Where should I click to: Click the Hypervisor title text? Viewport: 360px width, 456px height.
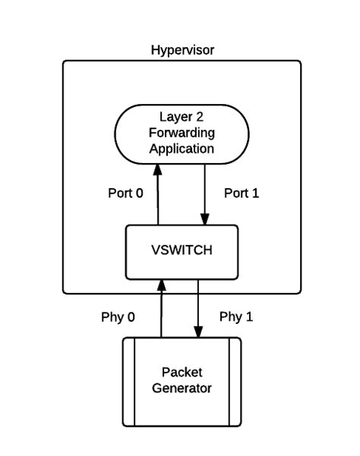(182, 50)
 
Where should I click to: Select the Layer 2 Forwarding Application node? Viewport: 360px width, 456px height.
(182, 133)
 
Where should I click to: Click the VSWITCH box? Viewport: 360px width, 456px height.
(182, 251)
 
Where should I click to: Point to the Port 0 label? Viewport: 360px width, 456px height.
(125, 193)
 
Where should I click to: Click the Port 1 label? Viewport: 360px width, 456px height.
(242, 193)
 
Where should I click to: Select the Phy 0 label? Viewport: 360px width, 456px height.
(118, 316)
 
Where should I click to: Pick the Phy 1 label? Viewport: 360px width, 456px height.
(236, 316)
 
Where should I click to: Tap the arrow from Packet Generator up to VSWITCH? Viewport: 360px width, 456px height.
(160, 311)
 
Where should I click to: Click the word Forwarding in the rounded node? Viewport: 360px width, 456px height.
(182, 133)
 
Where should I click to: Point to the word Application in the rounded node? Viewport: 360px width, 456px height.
(182, 149)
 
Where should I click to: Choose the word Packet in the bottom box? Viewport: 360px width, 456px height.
(182, 372)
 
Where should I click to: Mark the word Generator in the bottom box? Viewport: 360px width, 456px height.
(182, 388)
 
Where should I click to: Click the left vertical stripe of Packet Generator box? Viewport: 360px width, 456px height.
(130, 381)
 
